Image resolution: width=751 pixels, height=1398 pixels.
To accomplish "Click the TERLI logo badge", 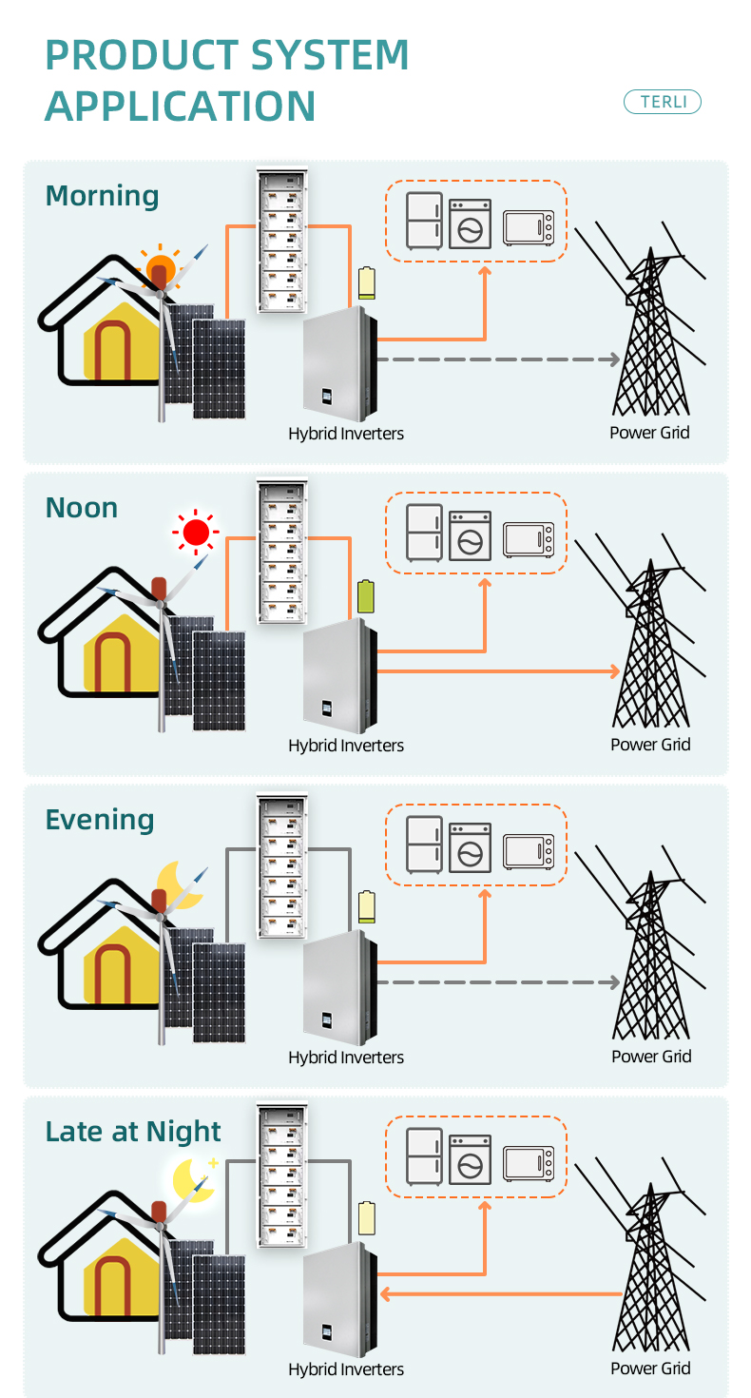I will pyautogui.click(x=662, y=102).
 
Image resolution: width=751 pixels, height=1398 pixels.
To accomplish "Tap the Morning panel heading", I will pyautogui.click(x=102, y=196).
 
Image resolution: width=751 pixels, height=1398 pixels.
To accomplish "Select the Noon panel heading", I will pyautogui.click(x=82, y=508).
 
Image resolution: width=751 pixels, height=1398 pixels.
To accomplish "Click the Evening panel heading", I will pyautogui.click(x=99, y=820).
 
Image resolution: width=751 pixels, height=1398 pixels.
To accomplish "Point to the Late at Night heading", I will pyautogui.click(x=133, y=1132).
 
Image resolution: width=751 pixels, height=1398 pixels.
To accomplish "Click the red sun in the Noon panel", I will pyautogui.click(x=196, y=533).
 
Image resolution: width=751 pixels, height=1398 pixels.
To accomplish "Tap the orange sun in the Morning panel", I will pyautogui.click(x=160, y=266).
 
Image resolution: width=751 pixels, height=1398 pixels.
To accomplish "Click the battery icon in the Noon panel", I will pyautogui.click(x=366, y=596).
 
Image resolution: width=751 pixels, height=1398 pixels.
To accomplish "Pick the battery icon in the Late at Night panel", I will pyautogui.click(x=366, y=1218).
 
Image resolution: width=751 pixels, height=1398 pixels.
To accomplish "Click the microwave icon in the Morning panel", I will pyautogui.click(x=529, y=228).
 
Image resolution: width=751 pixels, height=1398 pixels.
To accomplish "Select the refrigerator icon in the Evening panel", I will pyautogui.click(x=424, y=845).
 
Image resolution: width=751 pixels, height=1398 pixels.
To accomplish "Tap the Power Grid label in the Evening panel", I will pyautogui.click(x=651, y=1057).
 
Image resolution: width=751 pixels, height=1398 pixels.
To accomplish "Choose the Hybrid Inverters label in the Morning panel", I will pyautogui.click(x=346, y=434).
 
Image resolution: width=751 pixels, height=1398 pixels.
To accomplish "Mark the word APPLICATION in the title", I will pyautogui.click(x=181, y=105).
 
